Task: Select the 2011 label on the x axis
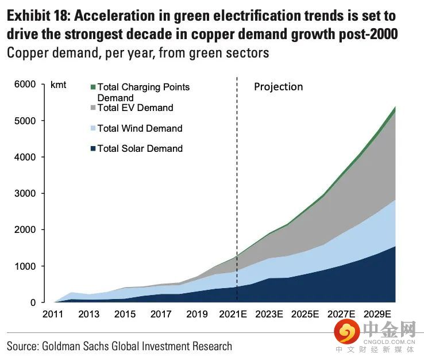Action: (53, 314)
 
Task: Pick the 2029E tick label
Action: (378, 314)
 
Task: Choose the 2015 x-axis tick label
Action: (125, 314)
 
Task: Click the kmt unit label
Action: (58, 85)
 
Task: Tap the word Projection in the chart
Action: (278, 86)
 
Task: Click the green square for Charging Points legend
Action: (92, 87)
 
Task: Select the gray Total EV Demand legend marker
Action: (92, 108)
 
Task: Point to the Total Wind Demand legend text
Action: (140, 128)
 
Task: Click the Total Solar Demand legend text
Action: (140, 148)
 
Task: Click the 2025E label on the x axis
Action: (306, 314)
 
